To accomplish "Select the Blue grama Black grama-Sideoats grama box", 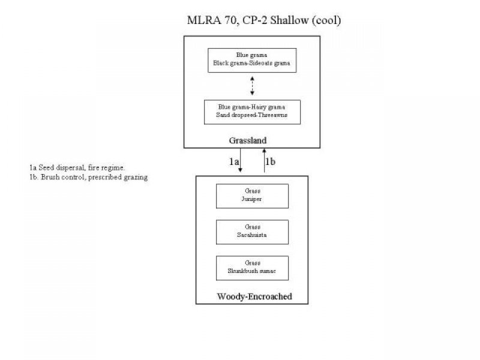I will pos(251,60).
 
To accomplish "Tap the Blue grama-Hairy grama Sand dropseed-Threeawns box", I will pos(251,112).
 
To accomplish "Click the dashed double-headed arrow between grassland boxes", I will pos(252,86).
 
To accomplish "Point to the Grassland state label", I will pos(248,140).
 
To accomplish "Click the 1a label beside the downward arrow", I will pos(234,161).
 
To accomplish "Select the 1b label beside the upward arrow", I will pos(270,161).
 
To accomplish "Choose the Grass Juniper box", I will pos(252,196).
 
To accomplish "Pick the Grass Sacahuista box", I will pos(252,231).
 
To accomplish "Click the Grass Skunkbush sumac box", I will pos(252,267).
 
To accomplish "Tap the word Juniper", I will pos(252,199).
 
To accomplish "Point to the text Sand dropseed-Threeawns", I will pos(251,115).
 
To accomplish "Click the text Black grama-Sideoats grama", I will pos(251,64).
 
